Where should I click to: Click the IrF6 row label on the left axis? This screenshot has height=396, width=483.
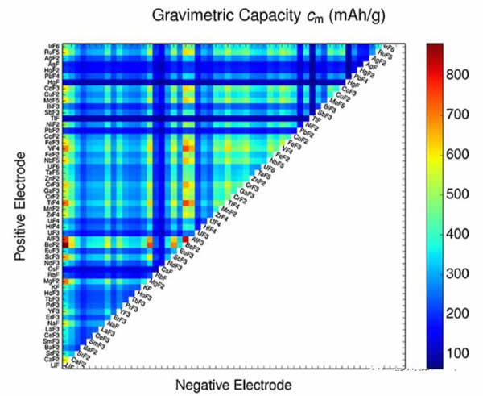[52, 45]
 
